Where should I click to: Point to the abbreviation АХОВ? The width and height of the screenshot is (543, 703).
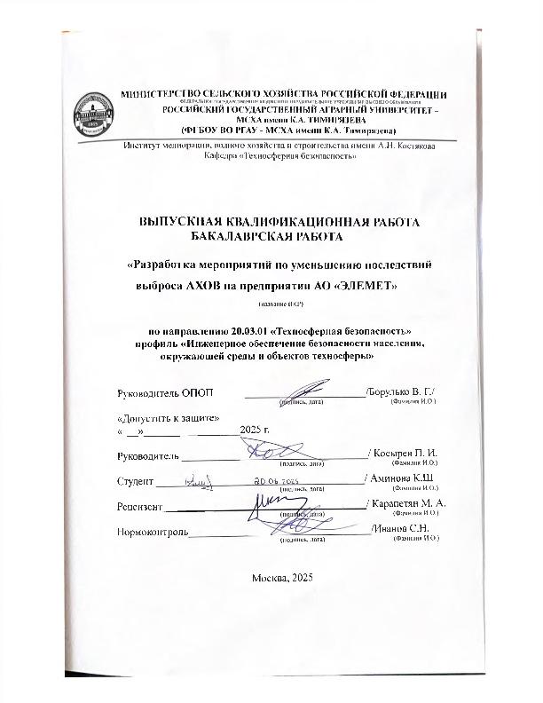coord(201,287)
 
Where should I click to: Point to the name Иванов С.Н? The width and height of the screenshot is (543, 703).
coord(408,530)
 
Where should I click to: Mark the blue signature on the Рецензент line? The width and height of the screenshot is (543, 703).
coord(270,504)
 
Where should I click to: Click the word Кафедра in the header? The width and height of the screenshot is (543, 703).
coord(222,157)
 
